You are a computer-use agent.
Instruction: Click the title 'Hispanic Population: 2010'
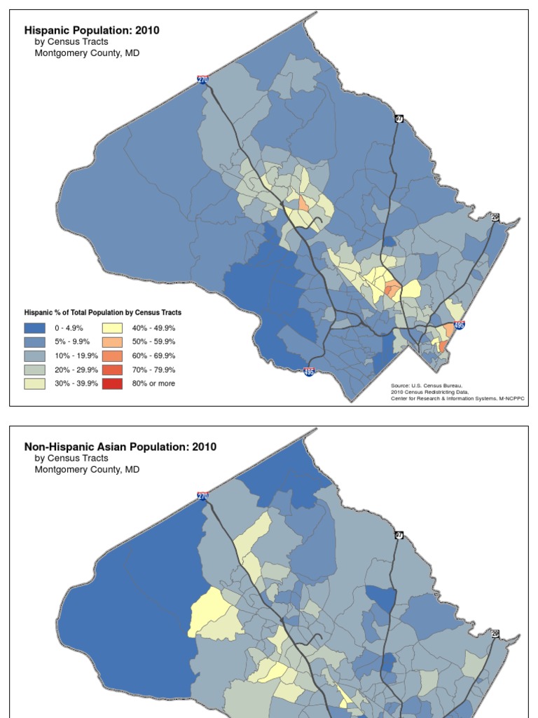click(x=92, y=30)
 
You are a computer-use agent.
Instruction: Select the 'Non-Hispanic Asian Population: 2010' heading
click(x=120, y=447)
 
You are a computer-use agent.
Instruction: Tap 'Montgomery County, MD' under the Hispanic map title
click(x=87, y=53)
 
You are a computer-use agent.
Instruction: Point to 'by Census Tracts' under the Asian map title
click(x=71, y=458)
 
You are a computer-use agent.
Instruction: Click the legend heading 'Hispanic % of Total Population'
click(x=103, y=313)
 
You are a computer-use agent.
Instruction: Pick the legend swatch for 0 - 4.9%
click(x=35, y=327)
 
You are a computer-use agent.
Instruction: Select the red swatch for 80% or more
click(x=112, y=384)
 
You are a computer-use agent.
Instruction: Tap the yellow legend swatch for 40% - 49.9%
click(x=112, y=327)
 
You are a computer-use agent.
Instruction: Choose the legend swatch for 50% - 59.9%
click(x=112, y=341)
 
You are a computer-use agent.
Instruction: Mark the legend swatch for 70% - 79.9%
click(x=112, y=370)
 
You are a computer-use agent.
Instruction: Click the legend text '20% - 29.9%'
click(x=76, y=370)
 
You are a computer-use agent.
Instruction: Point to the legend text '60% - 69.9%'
click(x=153, y=355)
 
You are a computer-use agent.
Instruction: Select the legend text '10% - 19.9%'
click(x=76, y=355)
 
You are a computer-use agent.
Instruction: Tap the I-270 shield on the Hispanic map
click(x=203, y=80)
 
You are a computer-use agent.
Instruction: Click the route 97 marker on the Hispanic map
click(x=399, y=118)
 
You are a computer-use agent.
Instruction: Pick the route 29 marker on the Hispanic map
click(x=495, y=217)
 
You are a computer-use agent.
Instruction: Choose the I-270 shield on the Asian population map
click(x=203, y=496)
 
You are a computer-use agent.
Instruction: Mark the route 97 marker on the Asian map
click(x=399, y=535)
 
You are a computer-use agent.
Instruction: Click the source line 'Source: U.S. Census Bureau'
click(x=427, y=386)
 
